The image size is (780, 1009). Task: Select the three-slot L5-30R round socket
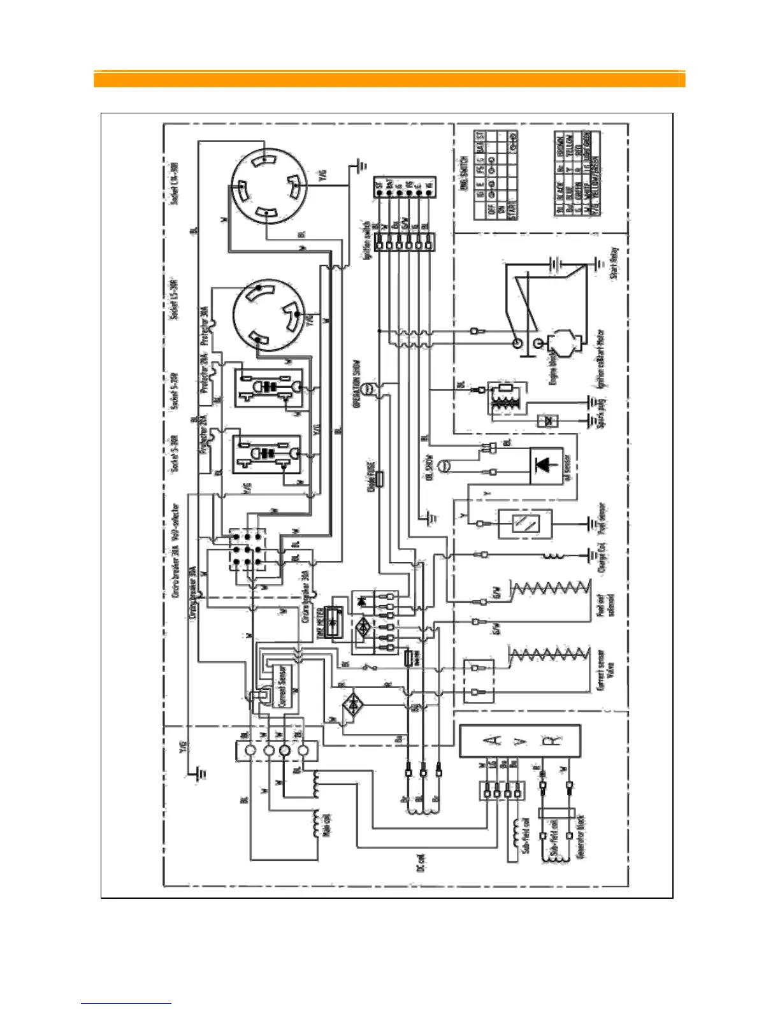(268, 314)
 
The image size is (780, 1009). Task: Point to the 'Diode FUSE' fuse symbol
(380, 479)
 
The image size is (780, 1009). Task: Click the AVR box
(520, 741)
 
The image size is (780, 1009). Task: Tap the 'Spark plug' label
(602, 411)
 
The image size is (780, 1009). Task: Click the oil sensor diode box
(546, 466)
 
